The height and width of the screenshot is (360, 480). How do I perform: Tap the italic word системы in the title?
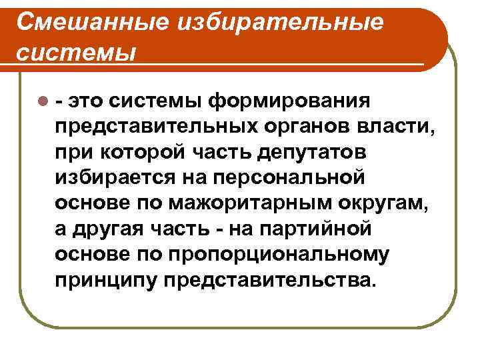tap(75, 52)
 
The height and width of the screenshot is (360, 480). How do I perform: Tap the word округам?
tap(388, 203)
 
